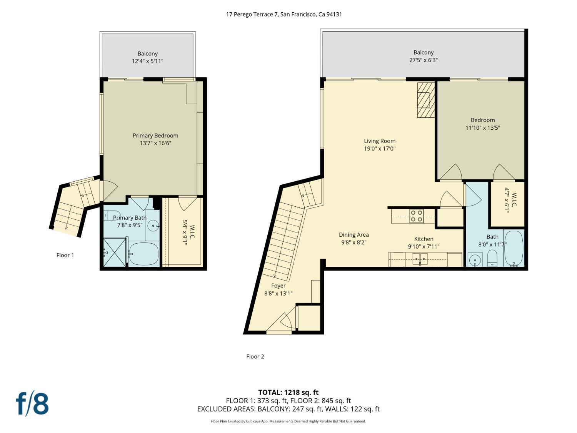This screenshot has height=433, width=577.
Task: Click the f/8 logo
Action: coord(32,403)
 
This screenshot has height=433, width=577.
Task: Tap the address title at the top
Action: coord(284,14)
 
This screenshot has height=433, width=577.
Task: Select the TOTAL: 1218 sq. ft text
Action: coord(288,393)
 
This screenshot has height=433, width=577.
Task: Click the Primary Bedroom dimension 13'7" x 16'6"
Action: coord(155,143)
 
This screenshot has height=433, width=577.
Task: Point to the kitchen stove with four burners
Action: coord(416,216)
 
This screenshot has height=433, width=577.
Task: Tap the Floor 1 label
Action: coord(65,255)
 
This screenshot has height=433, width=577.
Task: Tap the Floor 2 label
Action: coord(255,356)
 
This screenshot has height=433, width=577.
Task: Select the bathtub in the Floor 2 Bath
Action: coord(514,248)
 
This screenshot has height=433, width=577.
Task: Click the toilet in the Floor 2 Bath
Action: coord(492,258)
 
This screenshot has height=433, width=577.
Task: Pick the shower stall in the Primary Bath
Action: coord(115,252)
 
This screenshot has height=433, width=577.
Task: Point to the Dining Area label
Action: coord(354,235)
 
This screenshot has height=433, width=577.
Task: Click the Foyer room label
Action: coord(278,286)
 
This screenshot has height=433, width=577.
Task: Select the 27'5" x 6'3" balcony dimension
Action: coord(424,60)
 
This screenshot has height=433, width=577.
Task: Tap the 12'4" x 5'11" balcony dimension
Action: coord(147,61)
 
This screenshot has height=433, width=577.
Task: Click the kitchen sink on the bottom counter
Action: coord(420,259)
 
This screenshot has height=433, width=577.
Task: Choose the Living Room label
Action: coord(380,141)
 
